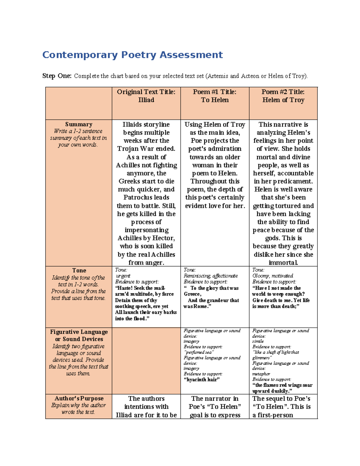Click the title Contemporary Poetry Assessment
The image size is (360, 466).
click(x=132, y=55)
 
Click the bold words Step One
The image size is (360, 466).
click(x=57, y=76)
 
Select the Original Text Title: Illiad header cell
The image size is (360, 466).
click(x=146, y=96)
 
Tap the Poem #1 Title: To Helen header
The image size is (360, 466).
click(x=214, y=96)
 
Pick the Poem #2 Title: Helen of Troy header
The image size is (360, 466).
click(x=283, y=96)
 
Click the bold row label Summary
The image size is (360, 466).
click(x=79, y=124)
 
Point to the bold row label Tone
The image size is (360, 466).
click(x=79, y=270)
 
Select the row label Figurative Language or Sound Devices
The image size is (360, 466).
click(x=79, y=335)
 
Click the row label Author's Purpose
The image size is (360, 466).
click(x=79, y=398)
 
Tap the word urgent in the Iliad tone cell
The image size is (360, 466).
click(x=123, y=276)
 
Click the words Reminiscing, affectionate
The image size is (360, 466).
click(x=211, y=276)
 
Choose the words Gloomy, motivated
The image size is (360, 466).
click(x=273, y=276)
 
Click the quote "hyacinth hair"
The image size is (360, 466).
click(x=201, y=380)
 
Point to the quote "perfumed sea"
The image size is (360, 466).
click(x=199, y=352)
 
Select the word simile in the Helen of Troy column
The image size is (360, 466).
click(x=258, y=341)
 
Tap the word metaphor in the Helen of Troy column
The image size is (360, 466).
click(x=261, y=374)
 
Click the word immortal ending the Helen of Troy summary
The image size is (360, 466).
click(x=283, y=263)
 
